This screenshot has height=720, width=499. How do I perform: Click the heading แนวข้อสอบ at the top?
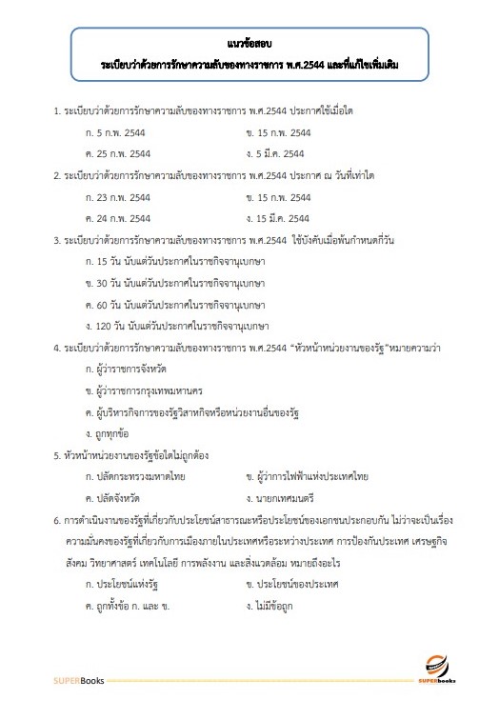coord(249,44)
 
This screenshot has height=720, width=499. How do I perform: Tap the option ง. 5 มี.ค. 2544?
coord(276,153)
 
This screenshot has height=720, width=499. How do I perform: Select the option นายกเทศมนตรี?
coord(281,497)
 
